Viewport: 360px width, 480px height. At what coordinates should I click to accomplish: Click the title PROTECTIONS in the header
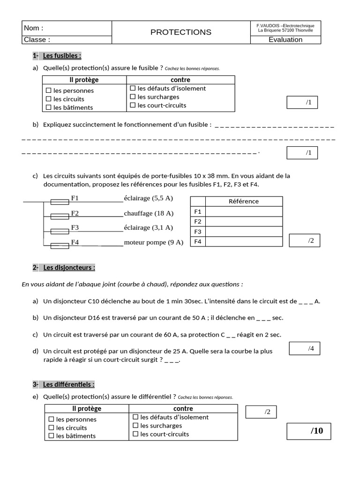click(180, 32)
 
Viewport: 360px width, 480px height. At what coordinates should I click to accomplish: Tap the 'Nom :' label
click(33, 28)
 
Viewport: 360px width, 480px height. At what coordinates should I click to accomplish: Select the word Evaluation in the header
click(285, 40)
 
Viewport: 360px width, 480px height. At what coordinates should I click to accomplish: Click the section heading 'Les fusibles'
click(62, 56)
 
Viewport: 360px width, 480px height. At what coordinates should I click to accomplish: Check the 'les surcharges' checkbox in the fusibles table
click(133, 97)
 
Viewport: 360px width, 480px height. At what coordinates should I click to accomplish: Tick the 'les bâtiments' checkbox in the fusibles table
click(48, 107)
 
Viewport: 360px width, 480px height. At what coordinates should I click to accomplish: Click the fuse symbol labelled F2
click(59, 217)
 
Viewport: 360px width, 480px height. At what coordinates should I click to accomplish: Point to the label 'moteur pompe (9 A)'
click(153, 242)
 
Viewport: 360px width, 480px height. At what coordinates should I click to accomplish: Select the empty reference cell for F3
click(244, 232)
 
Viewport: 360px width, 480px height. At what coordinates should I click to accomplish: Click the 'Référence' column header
click(243, 201)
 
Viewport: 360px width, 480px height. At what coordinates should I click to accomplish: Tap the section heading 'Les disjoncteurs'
click(69, 268)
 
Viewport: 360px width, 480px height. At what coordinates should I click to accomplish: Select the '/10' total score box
click(308, 431)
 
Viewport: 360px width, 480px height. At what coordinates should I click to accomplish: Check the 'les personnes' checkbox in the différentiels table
click(51, 419)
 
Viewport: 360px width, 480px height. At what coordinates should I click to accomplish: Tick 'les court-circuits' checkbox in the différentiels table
click(135, 434)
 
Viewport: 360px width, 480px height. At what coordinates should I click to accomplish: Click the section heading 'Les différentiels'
click(68, 384)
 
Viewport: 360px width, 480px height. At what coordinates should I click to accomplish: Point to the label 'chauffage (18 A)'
click(149, 213)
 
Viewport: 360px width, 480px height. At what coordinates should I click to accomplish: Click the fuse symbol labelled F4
click(59, 245)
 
